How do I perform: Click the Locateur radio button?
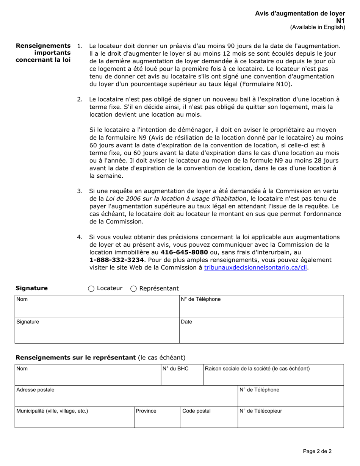91,289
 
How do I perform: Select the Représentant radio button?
133,289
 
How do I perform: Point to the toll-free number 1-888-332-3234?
117,260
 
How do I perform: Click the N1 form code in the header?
341,21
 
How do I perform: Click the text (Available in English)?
318,27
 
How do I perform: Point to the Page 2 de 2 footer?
317,451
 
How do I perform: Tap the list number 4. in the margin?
80,237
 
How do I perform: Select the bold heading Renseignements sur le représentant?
75,357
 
